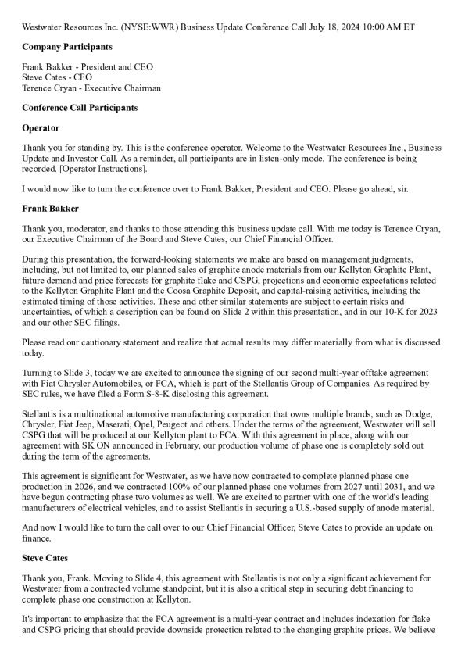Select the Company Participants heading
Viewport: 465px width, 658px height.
coord(67,47)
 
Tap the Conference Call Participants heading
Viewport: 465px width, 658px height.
coord(80,107)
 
